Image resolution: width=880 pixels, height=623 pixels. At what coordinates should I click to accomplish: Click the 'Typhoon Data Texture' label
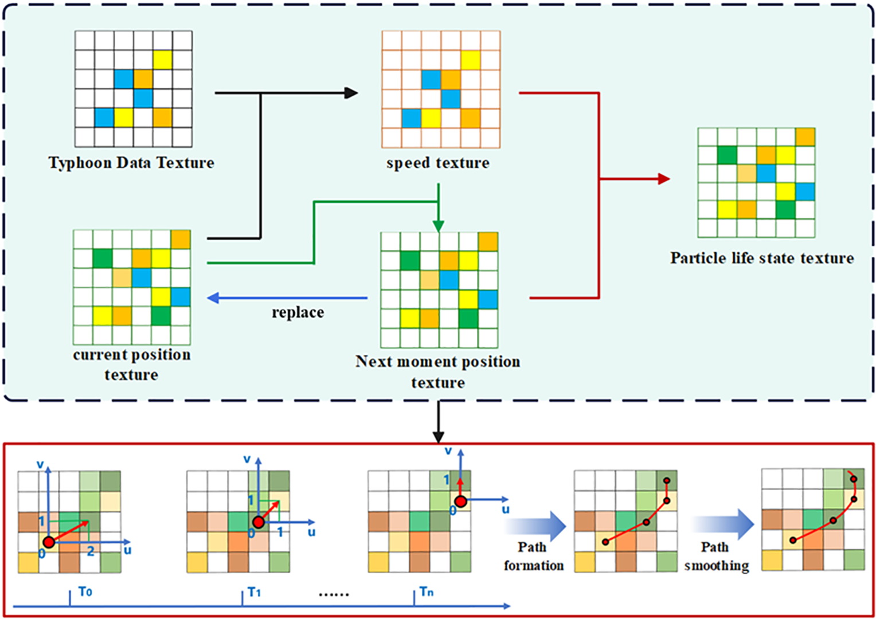coord(131,163)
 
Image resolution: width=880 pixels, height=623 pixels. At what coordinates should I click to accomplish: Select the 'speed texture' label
coord(438,163)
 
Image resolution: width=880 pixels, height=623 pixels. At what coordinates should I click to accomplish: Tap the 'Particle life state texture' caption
coord(762,258)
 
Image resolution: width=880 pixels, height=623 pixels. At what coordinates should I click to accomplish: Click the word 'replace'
coord(298,312)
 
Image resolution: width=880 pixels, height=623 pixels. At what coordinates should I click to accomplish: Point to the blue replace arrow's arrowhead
coord(213,298)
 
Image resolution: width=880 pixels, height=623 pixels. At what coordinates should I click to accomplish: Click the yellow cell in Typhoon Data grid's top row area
coord(162,60)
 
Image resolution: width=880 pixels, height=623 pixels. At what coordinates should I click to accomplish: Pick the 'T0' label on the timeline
coord(85,591)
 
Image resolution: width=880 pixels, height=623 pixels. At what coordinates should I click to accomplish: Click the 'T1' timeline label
coord(255,592)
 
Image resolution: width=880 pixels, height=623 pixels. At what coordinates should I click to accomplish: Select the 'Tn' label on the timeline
coord(427,591)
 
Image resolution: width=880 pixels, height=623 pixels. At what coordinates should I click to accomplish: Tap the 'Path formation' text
coord(533,556)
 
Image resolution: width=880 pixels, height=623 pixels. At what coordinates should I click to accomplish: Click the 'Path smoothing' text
coord(716,556)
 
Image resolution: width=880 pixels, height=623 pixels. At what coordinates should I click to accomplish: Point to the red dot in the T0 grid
coord(49,542)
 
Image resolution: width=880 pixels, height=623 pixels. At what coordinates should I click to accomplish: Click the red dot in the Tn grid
coord(460,501)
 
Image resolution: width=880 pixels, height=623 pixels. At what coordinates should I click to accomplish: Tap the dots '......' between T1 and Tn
coord(334,594)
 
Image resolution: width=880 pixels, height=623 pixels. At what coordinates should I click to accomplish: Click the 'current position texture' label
coord(131,365)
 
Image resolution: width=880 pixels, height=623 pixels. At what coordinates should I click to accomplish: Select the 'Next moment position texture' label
coord(438,371)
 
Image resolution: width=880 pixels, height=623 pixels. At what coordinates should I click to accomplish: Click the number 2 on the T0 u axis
coord(91,551)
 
